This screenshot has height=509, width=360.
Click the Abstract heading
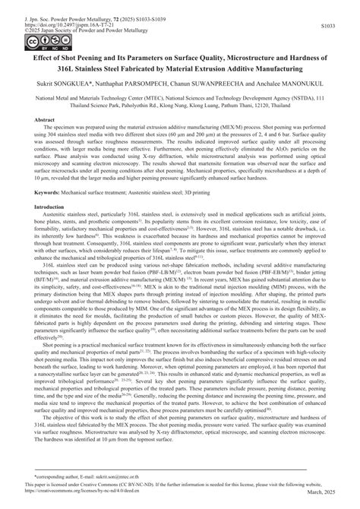point(40,121)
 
